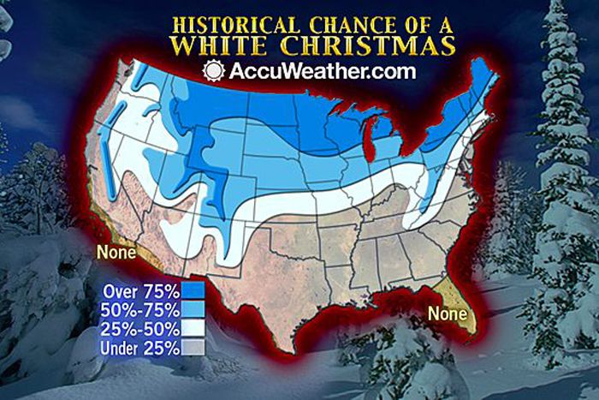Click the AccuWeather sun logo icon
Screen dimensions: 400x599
(x=214, y=71)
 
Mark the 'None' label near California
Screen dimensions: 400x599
(x=114, y=253)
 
